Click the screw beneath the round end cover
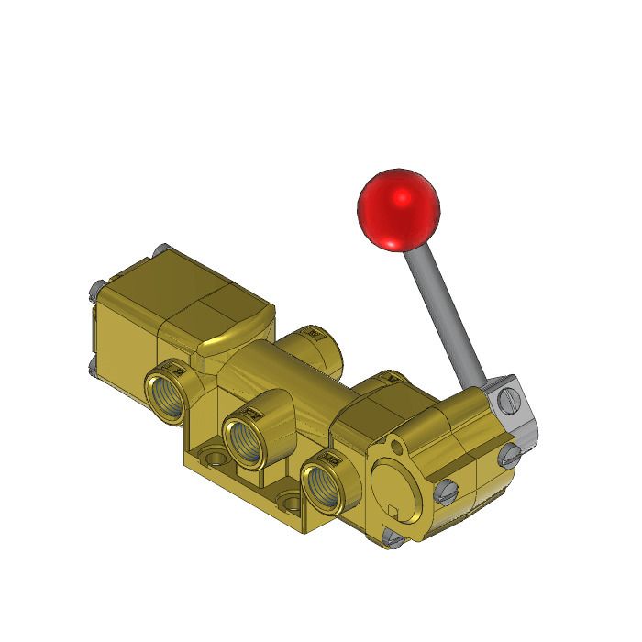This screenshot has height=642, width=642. [x=392, y=538]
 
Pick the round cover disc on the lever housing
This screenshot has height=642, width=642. [x=398, y=492]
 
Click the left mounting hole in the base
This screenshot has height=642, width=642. [x=212, y=456]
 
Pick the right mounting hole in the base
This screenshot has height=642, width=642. [x=291, y=501]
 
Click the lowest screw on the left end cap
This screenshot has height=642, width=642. [x=94, y=368]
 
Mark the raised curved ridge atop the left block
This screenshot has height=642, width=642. [x=235, y=336]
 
